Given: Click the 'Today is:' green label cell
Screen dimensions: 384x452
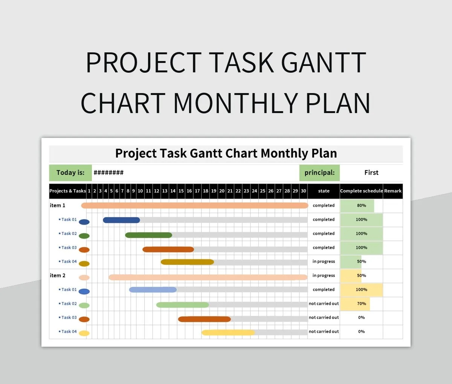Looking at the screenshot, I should click(x=70, y=173).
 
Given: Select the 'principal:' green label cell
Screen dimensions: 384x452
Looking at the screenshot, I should click(x=319, y=173).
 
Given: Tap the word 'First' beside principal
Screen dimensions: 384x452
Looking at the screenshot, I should click(x=371, y=173).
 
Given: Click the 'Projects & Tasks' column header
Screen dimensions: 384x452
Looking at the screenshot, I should click(x=68, y=191).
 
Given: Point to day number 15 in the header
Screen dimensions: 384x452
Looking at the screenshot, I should click(x=181, y=191).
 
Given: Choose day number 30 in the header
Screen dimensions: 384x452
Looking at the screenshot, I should click(x=303, y=191).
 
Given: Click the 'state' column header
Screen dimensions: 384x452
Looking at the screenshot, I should click(x=324, y=191).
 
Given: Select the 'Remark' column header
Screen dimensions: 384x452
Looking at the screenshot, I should click(x=393, y=191).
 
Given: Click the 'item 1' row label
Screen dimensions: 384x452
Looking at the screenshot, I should click(x=58, y=205).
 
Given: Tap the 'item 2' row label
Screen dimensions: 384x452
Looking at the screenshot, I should click(x=58, y=275).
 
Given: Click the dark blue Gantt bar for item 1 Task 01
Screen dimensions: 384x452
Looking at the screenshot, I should click(x=121, y=220).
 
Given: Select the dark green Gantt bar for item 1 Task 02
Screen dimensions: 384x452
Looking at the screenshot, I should click(x=148, y=235).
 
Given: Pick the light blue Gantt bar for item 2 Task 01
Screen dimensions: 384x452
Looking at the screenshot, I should click(x=153, y=290).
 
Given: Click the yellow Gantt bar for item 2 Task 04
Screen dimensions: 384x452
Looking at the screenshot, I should click(x=228, y=332).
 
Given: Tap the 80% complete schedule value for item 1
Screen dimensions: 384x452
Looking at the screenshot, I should click(x=361, y=206).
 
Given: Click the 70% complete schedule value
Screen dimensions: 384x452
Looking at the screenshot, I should click(x=361, y=304).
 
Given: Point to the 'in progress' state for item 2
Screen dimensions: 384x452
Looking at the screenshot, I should click(x=324, y=275).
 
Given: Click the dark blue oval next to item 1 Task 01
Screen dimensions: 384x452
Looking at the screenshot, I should click(x=84, y=222).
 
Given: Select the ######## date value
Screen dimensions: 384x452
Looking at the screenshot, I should click(x=108, y=173).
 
